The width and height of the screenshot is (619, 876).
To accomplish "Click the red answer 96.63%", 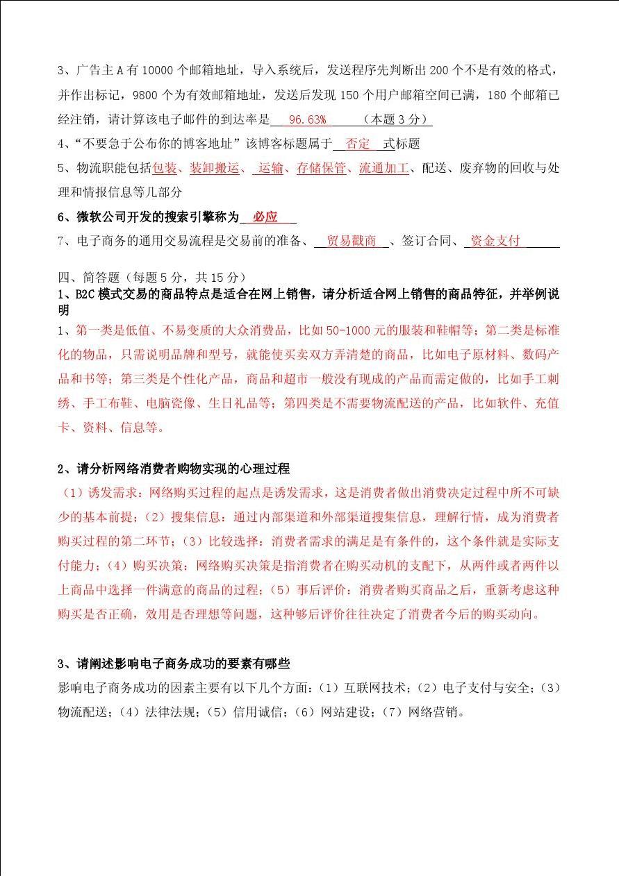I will click(x=307, y=119).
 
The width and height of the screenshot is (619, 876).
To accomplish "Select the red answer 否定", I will click(x=358, y=144).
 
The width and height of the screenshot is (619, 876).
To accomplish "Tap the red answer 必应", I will click(x=265, y=217).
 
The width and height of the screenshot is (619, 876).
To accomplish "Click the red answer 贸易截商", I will click(x=351, y=241).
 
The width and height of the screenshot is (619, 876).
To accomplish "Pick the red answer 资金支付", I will click(x=495, y=241).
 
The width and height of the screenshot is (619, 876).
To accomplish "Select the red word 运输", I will click(x=270, y=168).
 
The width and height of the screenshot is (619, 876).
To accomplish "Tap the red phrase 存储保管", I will click(x=321, y=168).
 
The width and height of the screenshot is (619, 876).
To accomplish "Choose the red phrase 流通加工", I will click(x=383, y=168).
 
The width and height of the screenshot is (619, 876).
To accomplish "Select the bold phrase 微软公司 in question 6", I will click(x=101, y=217).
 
